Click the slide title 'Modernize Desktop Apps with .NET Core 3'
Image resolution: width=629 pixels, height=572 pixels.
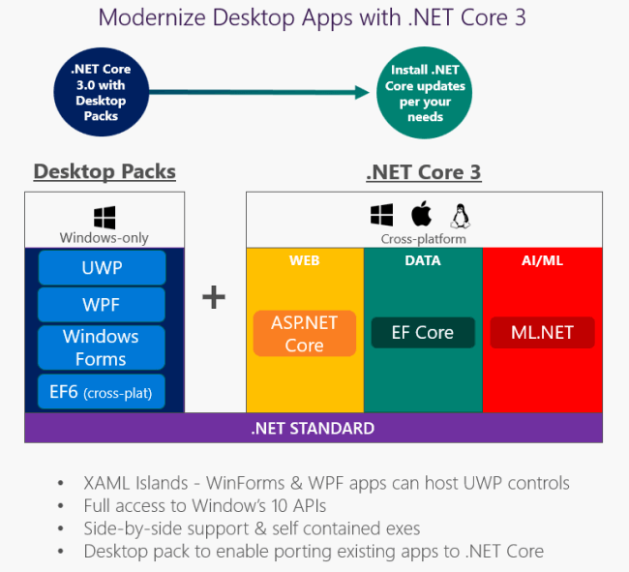click(x=314, y=18)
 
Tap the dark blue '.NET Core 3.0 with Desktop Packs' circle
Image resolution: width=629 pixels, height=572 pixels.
click(x=100, y=93)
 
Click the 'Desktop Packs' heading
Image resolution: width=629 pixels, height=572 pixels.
click(x=105, y=172)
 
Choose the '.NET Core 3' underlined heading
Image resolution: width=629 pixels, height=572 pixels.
click(x=423, y=173)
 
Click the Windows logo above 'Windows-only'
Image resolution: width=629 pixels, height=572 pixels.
click(x=105, y=217)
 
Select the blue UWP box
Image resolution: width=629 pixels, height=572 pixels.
click(x=102, y=267)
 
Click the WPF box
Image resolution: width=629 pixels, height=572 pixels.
click(x=102, y=305)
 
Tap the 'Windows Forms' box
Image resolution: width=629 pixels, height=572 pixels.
click(x=102, y=347)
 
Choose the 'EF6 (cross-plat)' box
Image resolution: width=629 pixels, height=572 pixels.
click(x=102, y=392)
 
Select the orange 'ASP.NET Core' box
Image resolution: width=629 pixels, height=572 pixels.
click(x=305, y=332)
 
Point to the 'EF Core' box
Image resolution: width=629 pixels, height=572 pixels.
click(x=423, y=332)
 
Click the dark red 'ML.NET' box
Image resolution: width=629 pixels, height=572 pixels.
click(x=543, y=332)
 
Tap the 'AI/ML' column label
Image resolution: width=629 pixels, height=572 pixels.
click(x=542, y=260)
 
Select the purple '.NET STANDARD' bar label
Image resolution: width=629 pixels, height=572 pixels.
click(x=313, y=428)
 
